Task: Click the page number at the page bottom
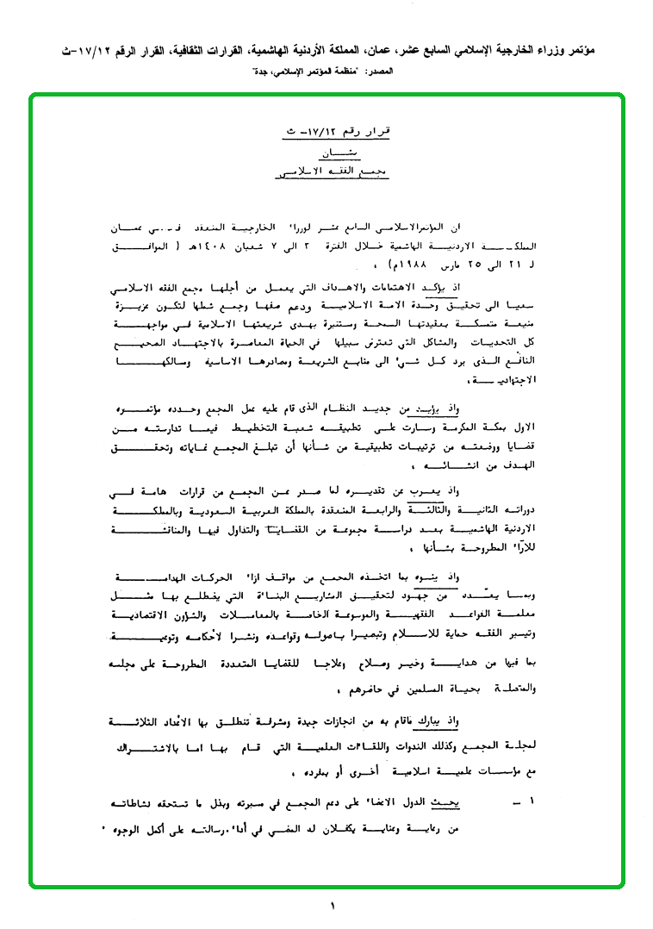tap(330, 905)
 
